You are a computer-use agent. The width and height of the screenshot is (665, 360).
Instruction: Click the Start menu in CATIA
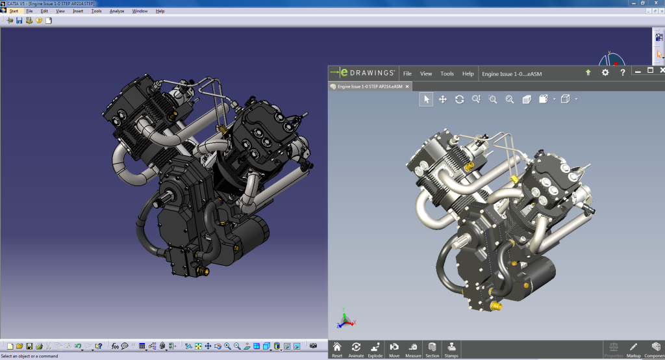14,11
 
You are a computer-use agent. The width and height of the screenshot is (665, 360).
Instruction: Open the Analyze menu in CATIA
117,11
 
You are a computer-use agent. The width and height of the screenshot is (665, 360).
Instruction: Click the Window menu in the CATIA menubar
140,11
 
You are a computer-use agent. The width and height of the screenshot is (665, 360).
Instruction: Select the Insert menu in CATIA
78,11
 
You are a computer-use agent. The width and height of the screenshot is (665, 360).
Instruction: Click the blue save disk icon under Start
19,20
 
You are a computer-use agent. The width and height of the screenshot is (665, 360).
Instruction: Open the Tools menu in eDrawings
447,73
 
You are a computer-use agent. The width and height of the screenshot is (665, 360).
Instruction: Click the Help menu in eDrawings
468,73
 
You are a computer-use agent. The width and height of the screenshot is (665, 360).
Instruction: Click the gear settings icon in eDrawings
605,73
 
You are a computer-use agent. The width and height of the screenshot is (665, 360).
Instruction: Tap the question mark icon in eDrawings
622,73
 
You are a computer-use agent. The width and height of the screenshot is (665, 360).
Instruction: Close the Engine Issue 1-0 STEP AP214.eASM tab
407,86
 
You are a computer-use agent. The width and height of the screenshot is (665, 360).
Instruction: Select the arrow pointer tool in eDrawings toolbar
426,99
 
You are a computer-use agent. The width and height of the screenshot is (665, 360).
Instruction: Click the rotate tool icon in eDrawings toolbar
459,99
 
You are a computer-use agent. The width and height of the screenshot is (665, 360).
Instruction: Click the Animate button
356,349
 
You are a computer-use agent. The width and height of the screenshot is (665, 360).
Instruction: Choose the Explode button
375,349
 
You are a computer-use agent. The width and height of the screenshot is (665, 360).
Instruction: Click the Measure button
413,349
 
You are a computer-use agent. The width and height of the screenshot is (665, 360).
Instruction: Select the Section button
432,349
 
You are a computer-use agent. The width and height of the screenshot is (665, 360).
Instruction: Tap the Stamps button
451,349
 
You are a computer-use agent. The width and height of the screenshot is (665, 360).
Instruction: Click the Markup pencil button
633,349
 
